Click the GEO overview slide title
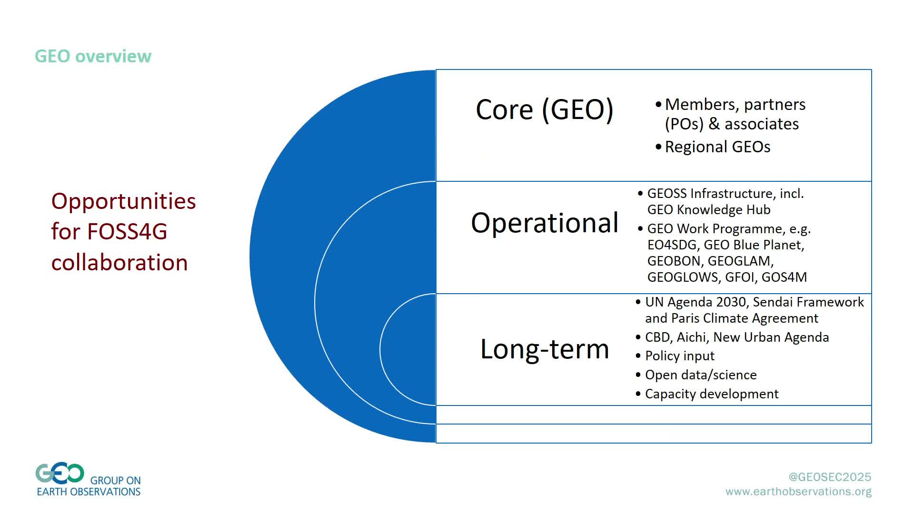pyautogui.click(x=93, y=56)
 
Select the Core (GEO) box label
pyautogui.click(x=545, y=110)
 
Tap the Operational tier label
pyautogui.click(x=545, y=223)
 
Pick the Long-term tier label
pyautogui.click(x=545, y=349)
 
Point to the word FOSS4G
pyautogui.click(x=127, y=232)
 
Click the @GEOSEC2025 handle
pyautogui.click(x=830, y=477)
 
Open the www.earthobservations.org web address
pyautogui.click(x=798, y=492)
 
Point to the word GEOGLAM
pyautogui.click(x=741, y=261)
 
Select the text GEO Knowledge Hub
pyautogui.click(x=709, y=210)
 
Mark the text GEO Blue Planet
pyautogui.click(x=754, y=245)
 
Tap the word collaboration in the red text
pyautogui.click(x=119, y=263)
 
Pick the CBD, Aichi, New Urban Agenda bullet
pyautogui.click(x=732, y=337)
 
